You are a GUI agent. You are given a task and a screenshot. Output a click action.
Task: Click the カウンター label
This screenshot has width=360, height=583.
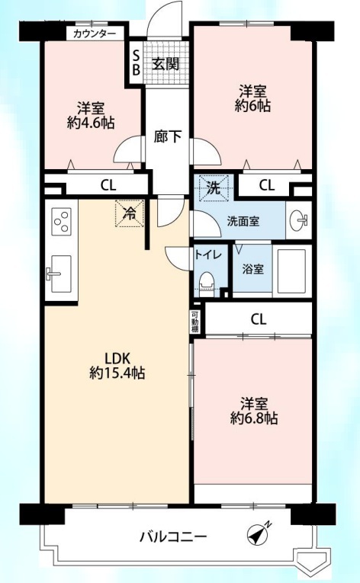95,34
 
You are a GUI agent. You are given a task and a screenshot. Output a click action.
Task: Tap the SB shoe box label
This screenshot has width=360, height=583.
136,62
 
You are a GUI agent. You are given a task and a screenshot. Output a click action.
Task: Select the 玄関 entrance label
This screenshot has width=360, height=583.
166,64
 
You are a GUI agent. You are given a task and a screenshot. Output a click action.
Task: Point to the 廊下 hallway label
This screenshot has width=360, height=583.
168,136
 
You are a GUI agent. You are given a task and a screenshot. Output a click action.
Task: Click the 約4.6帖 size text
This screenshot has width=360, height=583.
91,123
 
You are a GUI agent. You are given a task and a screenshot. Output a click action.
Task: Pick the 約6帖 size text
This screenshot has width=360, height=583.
252,106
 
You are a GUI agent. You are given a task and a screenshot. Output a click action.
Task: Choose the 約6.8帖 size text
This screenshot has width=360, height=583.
253,418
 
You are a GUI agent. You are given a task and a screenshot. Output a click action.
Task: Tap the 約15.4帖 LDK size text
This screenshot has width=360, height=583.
117,373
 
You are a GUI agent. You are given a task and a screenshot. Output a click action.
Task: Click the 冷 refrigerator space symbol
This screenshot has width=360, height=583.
130,213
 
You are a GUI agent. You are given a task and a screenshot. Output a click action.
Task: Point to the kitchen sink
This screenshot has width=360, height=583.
59,274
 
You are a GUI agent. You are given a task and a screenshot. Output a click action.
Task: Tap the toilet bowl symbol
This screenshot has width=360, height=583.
207,284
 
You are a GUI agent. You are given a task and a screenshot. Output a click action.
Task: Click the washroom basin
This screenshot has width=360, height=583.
299,220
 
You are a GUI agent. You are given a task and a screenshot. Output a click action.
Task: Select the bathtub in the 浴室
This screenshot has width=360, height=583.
292,271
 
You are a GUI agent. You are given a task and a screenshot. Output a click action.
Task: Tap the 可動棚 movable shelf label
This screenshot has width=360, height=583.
195,321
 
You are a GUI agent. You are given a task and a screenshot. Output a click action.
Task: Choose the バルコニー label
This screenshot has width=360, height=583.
172,537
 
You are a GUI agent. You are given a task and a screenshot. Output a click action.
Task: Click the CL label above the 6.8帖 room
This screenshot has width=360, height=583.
259,319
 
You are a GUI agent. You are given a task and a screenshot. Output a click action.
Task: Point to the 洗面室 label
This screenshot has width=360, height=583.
243,222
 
